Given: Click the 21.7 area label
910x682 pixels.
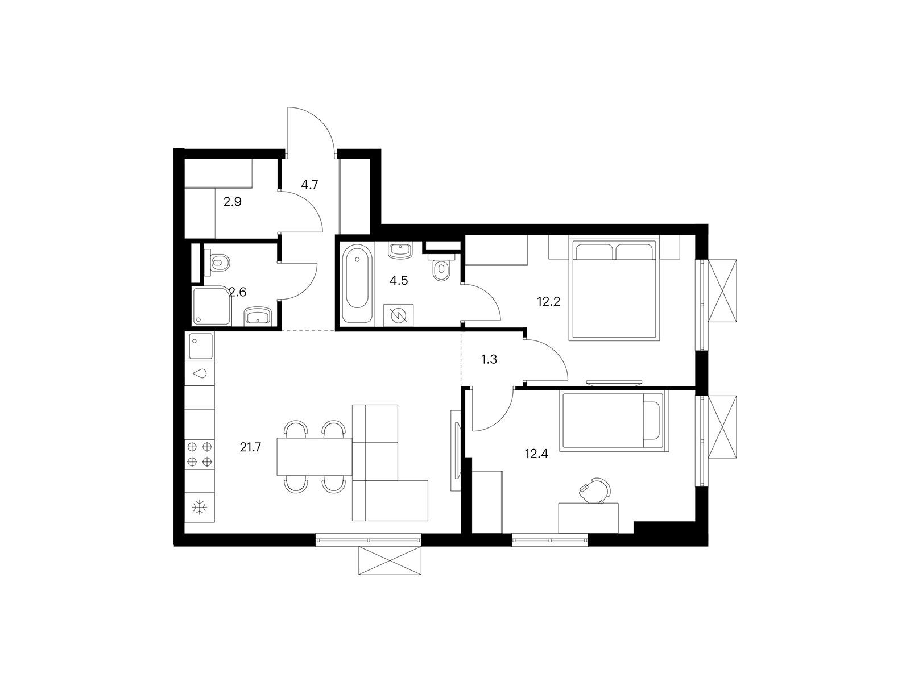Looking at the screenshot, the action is [x=250, y=447].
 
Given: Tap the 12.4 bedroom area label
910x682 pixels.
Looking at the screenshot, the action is [x=536, y=454].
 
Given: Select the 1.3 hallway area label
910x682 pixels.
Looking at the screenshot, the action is [x=489, y=359].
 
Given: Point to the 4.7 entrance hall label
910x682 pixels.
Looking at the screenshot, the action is [x=309, y=184].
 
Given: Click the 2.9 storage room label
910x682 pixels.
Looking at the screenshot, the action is [x=232, y=202].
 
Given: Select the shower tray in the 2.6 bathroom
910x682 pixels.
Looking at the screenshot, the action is [x=212, y=307].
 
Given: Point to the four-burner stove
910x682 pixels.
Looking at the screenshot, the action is [x=200, y=454].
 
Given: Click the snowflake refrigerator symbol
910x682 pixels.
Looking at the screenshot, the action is [x=200, y=508].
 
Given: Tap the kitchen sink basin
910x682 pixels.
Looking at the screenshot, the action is [x=201, y=346].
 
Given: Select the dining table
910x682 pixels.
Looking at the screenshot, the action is [x=315, y=456].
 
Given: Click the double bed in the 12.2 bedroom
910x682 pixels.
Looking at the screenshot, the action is [x=614, y=288].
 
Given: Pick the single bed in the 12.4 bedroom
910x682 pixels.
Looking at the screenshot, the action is [x=614, y=421].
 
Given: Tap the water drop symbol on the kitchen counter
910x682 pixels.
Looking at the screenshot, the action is [x=200, y=373].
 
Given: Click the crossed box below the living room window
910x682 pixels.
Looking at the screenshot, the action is [x=390, y=560].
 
